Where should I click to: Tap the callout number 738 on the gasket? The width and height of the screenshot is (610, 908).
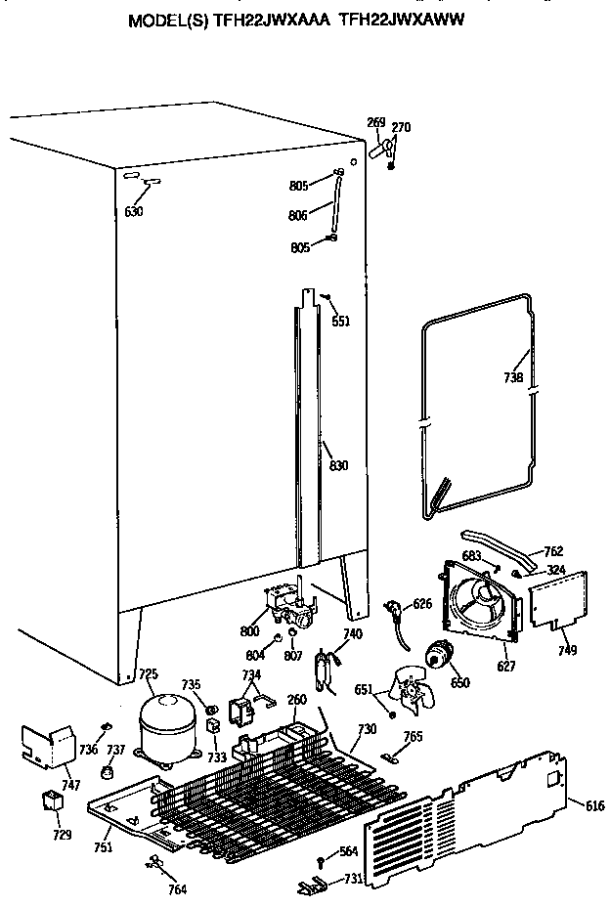[x=512, y=377]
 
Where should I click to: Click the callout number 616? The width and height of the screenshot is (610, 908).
[x=594, y=804]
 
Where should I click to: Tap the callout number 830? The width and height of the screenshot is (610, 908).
[x=338, y=465]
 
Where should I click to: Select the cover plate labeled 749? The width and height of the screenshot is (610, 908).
[x=559, y=599]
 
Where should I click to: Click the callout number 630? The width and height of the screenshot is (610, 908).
[x=134, y=211]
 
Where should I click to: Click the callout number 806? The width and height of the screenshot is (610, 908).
[x=298, y=215]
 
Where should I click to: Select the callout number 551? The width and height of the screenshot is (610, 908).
[x=340, y=322]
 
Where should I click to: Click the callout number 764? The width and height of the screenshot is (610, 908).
[x=177, y=890]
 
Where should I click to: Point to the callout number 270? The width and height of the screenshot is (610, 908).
[x=401, y=127]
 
